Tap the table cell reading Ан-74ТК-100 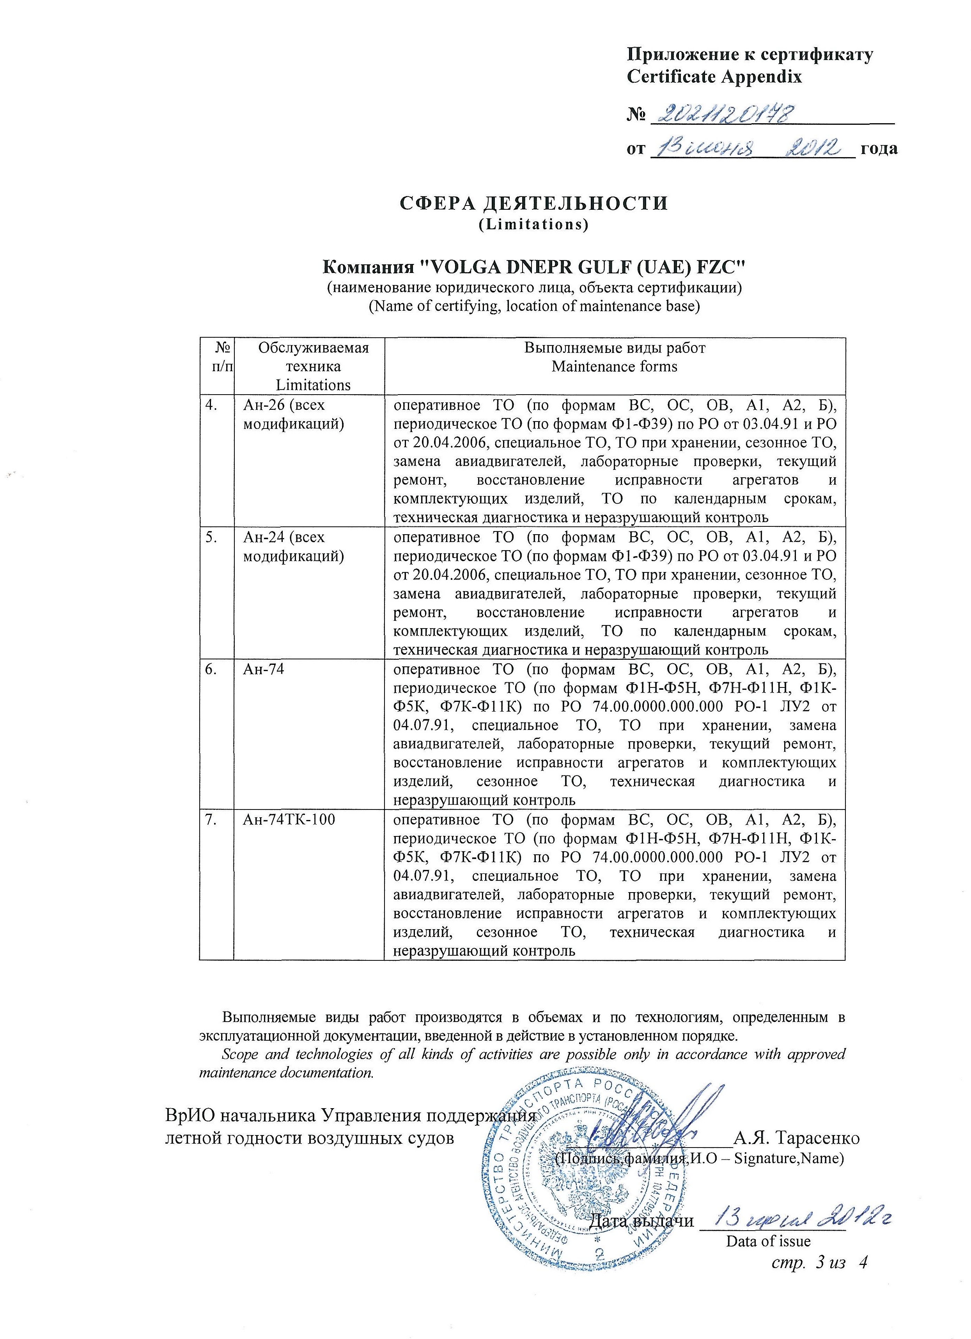289,820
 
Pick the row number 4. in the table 211,405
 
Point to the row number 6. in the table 211,669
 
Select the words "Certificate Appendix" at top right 714,77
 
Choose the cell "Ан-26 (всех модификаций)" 293,414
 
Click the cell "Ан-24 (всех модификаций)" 293,546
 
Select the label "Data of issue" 768,1241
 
